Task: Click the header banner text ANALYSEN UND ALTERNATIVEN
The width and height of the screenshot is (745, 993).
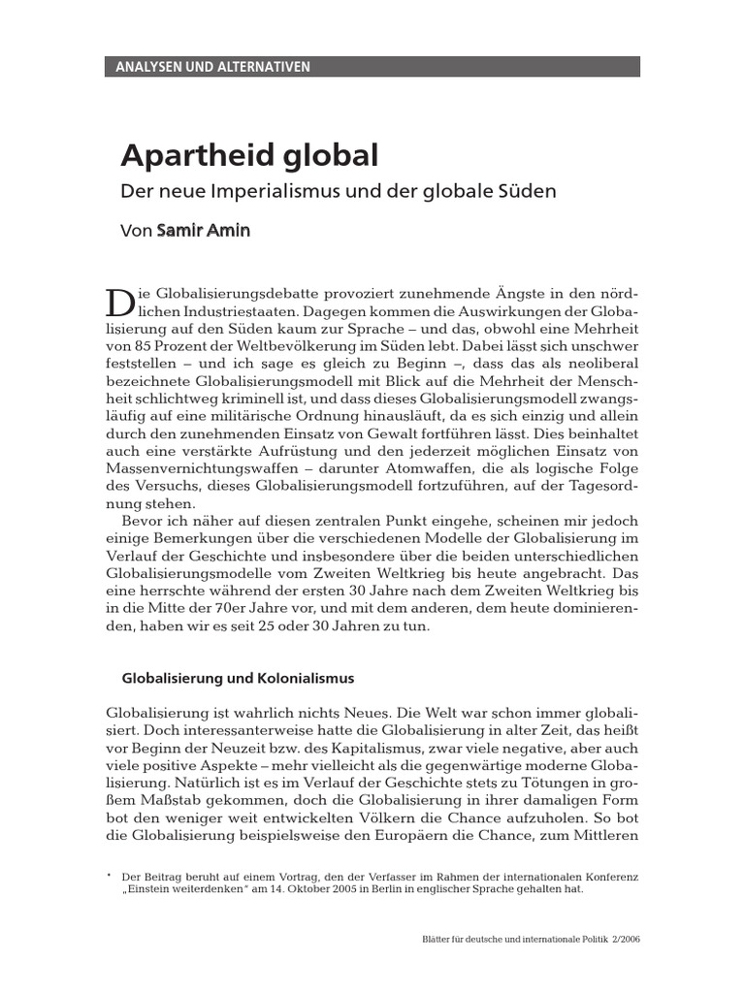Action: tap(212, 67)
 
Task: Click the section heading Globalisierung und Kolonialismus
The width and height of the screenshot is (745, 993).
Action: tap(237, 677)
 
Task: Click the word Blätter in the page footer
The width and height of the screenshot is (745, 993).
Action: tap(432, 940)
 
